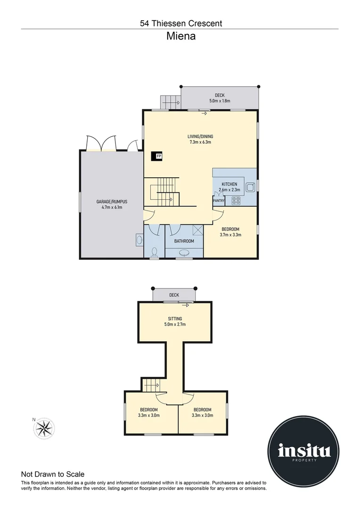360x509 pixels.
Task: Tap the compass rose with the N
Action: click(x=44, y=427)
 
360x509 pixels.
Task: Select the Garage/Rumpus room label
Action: click(x=112, y=205)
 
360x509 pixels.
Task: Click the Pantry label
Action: click(x=219, y=201)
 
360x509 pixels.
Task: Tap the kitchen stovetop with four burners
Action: click(x=236, y=201)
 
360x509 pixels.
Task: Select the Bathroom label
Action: click(x=184, y=241)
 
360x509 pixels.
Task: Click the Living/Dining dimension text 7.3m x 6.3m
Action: click(x=201, y=142)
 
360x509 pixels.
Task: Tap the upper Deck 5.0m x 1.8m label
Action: click(x=220, y=98)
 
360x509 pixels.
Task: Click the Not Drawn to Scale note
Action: click(x=53, y=475)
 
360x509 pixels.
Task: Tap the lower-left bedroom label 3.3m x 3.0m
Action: click(x=149, y=412)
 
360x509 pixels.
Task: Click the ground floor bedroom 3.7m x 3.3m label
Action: click(x=231, y=232)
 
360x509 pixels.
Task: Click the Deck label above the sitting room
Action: click(x=174, y=296)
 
